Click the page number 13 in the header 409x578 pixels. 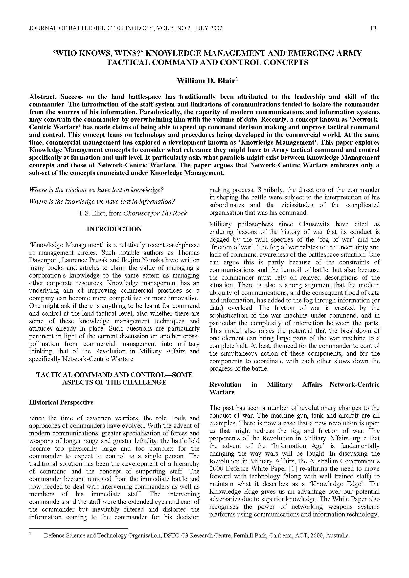click(373, 28)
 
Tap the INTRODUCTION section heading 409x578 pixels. click(114, 229)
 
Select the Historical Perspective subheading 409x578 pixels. click(61, 402)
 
